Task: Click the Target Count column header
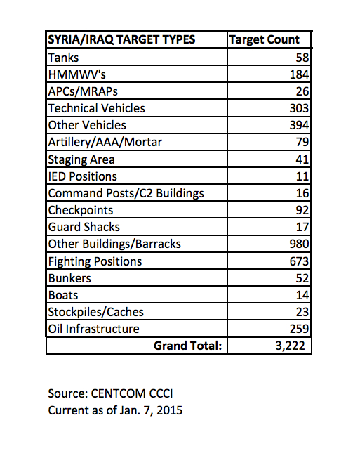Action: coord(264,40)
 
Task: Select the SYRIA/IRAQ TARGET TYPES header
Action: coord(121,40)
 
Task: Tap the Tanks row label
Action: coord(63,58)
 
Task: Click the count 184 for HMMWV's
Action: coord(299,74)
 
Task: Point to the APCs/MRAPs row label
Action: coord(83,91)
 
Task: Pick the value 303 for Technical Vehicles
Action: coord(299,108)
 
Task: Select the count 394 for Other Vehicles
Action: coord(299,125)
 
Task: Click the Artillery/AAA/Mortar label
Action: coord(105,142)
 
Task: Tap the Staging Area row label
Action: coord(81,159)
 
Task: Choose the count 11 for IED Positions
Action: coord(302,176)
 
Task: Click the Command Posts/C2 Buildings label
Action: coord(126,193)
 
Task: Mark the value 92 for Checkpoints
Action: coord(302,210)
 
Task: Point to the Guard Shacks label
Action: coord(84,227)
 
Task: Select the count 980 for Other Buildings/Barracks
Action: coord(299,244)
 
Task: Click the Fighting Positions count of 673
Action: coord(299,261)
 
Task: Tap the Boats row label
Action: coord(63,295)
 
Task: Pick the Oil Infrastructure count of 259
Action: coord(299,329)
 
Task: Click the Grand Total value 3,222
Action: coord(291,346)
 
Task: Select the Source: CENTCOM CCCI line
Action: coord(110,393)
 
